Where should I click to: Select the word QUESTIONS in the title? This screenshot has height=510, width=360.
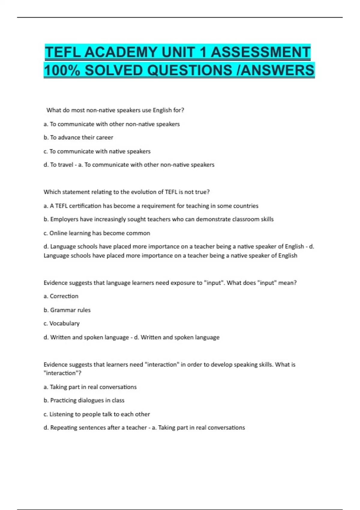coord(190,70)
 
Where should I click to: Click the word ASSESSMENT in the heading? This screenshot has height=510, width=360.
coord(260,52)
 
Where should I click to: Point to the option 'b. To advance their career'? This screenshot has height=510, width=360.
coord(78,137)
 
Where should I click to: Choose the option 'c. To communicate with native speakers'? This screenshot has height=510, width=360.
coord(97,151)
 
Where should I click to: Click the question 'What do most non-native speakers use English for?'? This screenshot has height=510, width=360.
coord(115,110)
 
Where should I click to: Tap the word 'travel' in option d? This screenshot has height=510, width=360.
coord(66,165)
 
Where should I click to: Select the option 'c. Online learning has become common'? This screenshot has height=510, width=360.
coord(97,233)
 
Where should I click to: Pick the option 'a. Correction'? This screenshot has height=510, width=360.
coord(61,296)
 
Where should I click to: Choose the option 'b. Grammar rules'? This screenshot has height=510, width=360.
coord(67,310)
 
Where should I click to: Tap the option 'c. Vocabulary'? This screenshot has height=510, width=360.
coord(61,323)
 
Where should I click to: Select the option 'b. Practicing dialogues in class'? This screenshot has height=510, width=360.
coord(84,400)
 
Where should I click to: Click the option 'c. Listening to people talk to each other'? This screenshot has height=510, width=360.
coord(97,414)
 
